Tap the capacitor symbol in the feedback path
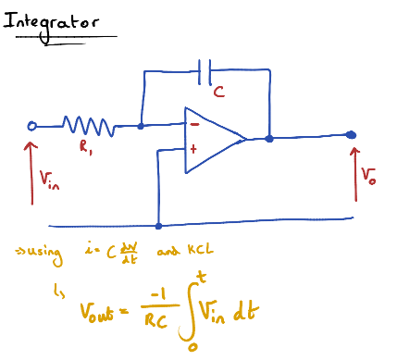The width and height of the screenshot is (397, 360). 205,69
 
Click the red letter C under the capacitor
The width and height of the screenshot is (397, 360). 218,92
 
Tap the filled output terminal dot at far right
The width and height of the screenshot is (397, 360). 351,135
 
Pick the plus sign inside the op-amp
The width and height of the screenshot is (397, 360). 194,147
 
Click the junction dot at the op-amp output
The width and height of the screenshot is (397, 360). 268,139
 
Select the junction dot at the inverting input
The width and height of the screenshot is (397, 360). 141,126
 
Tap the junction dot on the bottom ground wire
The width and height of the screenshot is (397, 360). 159,225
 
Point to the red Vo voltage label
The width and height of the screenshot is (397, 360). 368,175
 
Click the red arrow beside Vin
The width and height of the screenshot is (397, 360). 31,171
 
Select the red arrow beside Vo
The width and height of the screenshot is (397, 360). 356,171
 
